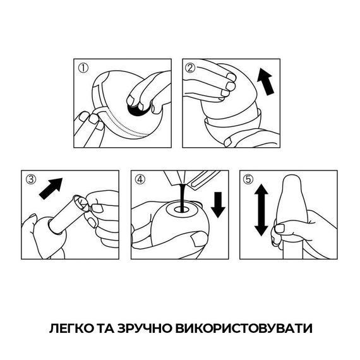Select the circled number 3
[x=29, y=179]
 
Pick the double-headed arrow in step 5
[x=260, y=210]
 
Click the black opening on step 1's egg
[x=135, y=111]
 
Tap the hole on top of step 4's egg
[x=183, y=206]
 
